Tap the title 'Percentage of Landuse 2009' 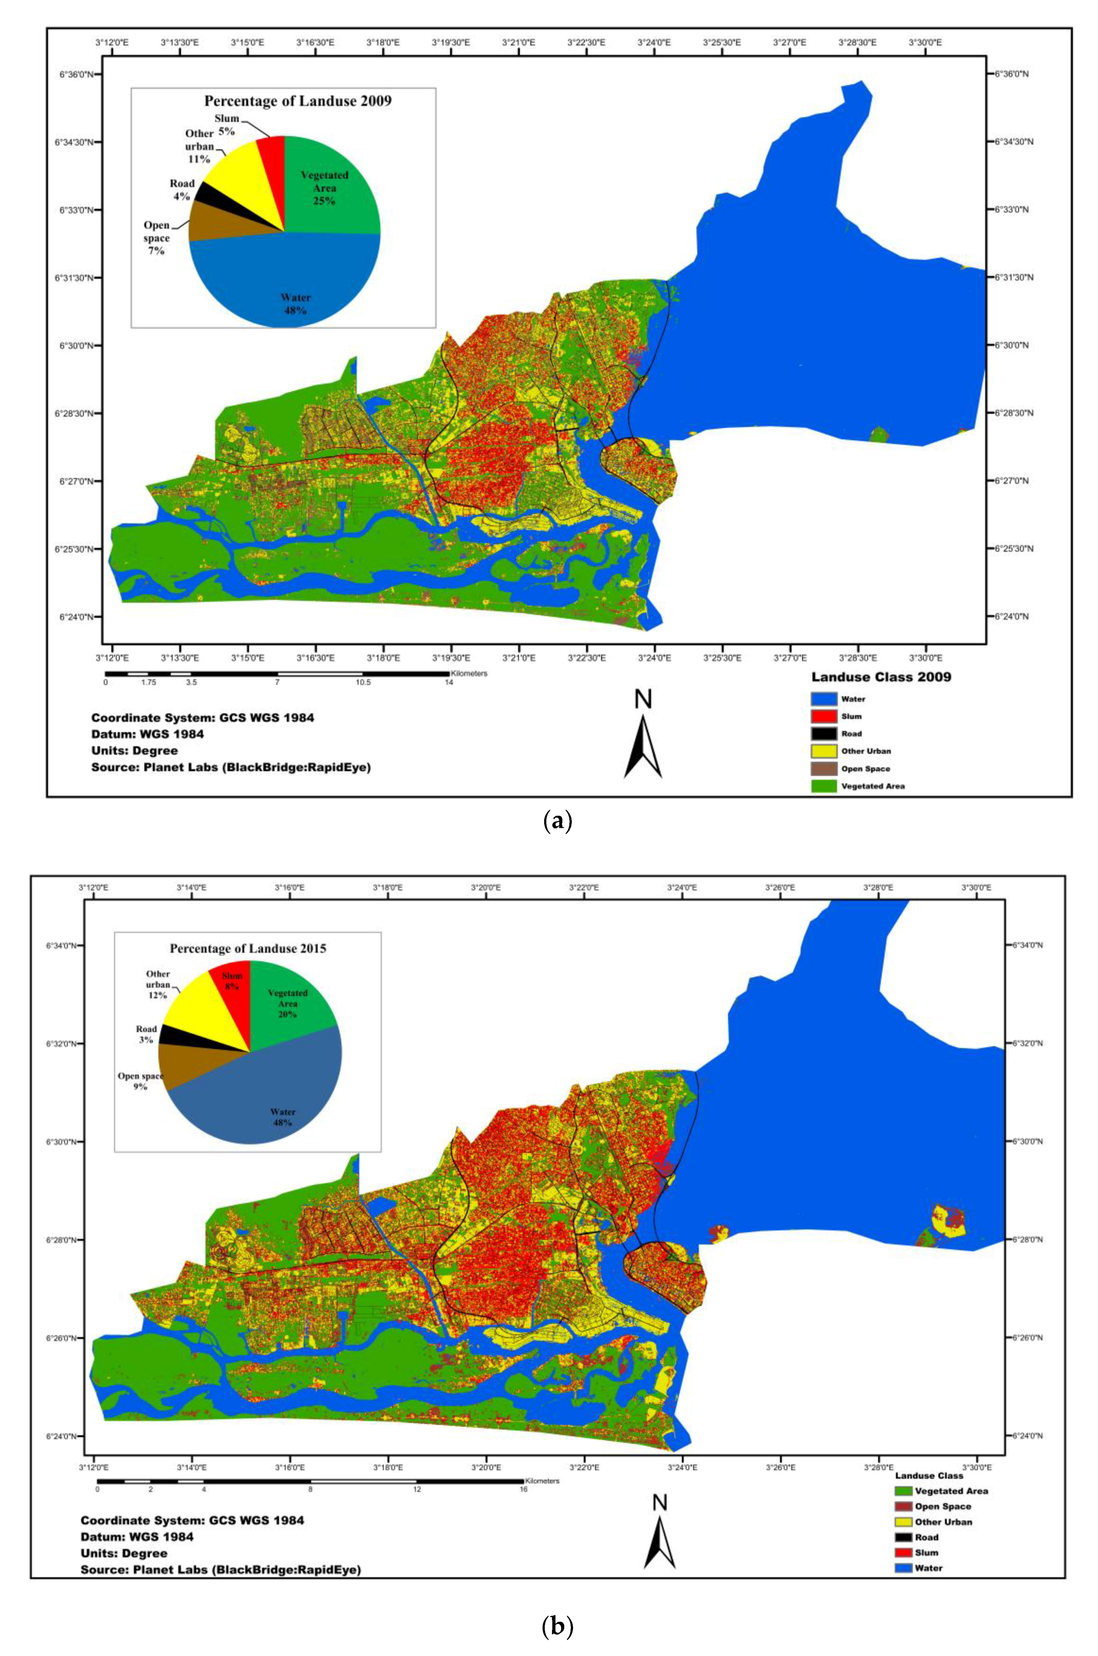(298, 101)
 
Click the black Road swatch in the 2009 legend (823, 733)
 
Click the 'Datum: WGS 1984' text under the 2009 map (148, 734)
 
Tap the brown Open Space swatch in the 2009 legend (823, 768)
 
